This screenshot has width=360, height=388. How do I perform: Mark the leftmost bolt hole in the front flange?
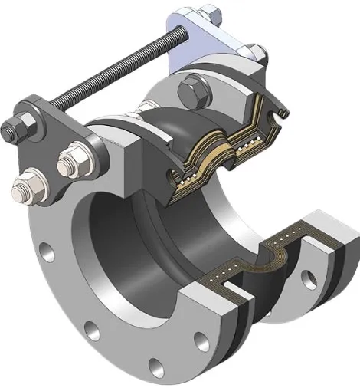(47, 249)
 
